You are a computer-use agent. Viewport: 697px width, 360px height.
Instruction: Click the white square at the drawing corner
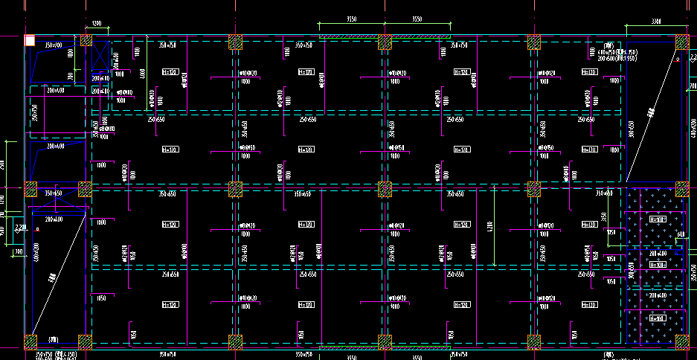coord(30,41)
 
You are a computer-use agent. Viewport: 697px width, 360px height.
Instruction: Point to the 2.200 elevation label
coord(19,226)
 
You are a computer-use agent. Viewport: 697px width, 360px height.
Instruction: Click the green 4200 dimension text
coord(489,225)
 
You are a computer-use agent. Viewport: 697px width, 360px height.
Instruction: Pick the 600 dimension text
coord(680,235)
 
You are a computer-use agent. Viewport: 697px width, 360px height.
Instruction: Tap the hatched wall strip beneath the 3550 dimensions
coord(385,36)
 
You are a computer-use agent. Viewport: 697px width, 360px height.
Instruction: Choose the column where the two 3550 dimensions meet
coord(385,42)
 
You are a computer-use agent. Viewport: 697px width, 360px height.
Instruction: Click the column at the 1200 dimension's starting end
coord(86,42)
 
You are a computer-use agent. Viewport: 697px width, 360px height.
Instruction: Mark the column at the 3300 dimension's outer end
coord(682,42)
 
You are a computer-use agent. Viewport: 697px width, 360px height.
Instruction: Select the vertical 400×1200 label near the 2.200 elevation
coord(36,253)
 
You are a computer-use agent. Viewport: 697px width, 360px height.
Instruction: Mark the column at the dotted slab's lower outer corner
coord(681,341)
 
